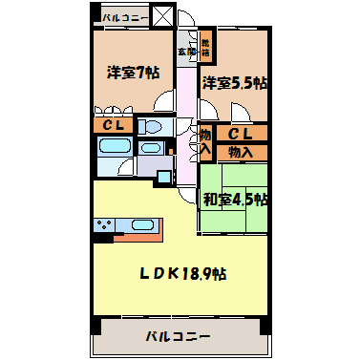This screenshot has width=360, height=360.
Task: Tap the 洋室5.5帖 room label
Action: (234, 83)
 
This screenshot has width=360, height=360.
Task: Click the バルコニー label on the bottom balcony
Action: (179, 335)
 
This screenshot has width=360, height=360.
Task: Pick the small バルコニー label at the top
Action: (123, 17)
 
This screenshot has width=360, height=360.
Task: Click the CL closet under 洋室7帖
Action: (114, 126)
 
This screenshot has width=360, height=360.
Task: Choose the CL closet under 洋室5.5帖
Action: (242, 134)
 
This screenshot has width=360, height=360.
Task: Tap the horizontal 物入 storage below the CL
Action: (242, 151)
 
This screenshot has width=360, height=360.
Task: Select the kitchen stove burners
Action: (104, 225)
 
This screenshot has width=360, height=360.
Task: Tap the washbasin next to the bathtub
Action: (149, 150)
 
